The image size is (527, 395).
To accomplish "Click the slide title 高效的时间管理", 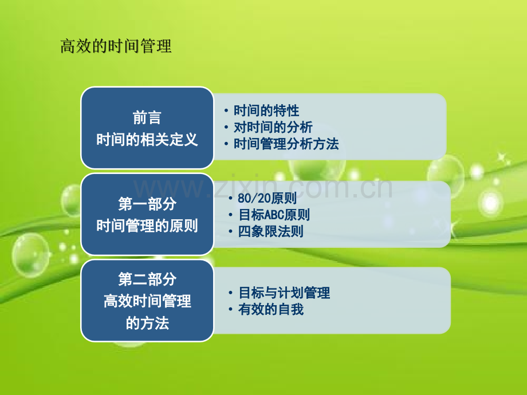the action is (116, 46).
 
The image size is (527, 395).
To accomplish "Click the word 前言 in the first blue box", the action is (147, 118).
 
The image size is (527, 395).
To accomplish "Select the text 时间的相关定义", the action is (147, 139).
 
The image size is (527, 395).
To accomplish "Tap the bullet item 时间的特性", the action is (266, 110).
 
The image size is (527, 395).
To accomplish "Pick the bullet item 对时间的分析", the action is (273, 127).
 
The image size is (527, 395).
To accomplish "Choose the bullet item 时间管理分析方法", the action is (286, 144).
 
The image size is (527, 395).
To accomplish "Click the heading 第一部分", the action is (147, 204).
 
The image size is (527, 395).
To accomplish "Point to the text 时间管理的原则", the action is (147, 226).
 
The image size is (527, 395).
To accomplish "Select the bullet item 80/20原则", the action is (267, 198).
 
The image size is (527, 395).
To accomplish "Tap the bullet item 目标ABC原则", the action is (274, 215).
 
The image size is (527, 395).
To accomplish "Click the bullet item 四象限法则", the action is (270, 231).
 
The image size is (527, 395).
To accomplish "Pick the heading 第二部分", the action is (147, 279).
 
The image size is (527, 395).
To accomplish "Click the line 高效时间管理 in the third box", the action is (147, 301).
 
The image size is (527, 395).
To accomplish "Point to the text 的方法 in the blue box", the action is (147, 323).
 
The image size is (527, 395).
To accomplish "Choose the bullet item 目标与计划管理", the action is (284, 293).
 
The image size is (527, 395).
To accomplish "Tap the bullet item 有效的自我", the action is (270, 309).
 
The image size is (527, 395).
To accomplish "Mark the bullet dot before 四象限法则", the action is (230, 232).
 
